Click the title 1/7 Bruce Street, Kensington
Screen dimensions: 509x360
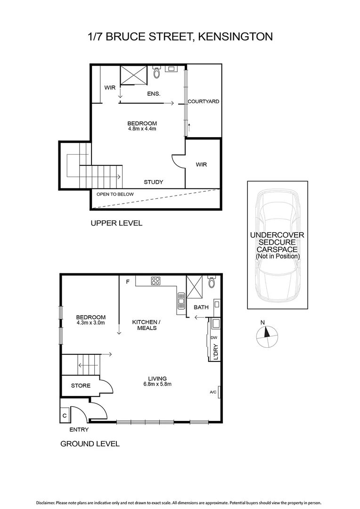point(180,36)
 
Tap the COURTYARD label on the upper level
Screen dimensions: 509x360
point(204,101)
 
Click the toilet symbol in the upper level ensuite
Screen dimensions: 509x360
point(157,73)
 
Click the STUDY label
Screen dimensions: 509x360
point(153,182)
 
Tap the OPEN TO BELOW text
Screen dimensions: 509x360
point(115,194)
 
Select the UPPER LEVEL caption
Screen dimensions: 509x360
point(116,223)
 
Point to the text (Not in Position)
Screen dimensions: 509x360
point(278,256)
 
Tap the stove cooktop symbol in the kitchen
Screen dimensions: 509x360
point(155,281)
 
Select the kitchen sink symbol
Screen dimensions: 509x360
point(180,301)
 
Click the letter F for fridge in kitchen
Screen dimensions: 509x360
point(127,282)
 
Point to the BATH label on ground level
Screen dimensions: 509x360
point(201,307)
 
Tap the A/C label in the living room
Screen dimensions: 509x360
point(213,392)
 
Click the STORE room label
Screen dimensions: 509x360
point(81,386)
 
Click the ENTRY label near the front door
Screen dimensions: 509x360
point(79,429)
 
